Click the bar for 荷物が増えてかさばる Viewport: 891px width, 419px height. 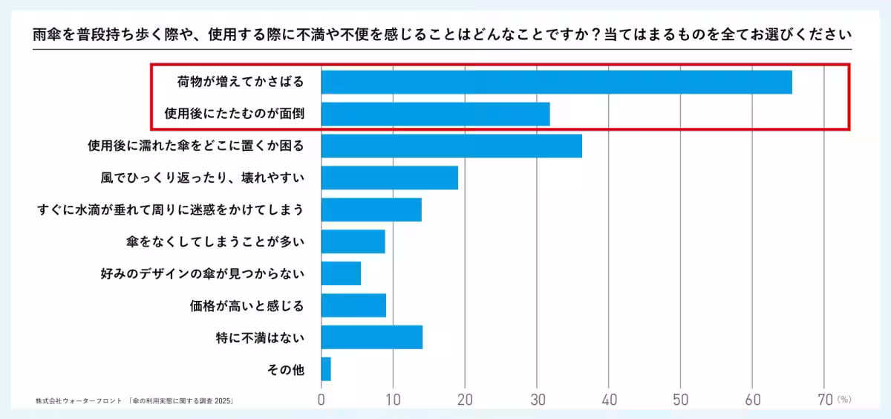coord(556,82)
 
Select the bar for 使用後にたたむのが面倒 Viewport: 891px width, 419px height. coord(435,114)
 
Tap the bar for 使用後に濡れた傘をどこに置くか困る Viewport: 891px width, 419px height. coord(451,146)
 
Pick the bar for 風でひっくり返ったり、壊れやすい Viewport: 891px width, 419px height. coord(389,178)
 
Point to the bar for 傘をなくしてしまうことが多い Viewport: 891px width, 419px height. coord(353,241)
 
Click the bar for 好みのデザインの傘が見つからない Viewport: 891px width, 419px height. coord(341,273)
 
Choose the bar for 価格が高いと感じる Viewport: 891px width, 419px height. coord(353,305)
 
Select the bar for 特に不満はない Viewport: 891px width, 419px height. coord(371,337)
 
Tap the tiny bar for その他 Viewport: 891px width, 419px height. coord(326,369)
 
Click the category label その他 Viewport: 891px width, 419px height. coord(285,369)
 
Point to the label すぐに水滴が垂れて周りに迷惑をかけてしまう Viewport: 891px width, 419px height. coord(171,209)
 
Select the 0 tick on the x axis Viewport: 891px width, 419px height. coord(322,399)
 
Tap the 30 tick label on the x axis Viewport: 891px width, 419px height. coord(537,399)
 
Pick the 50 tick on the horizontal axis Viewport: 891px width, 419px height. coord(681,399)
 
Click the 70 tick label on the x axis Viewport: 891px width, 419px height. coord(824,399)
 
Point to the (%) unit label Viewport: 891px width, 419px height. coord(844,399)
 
